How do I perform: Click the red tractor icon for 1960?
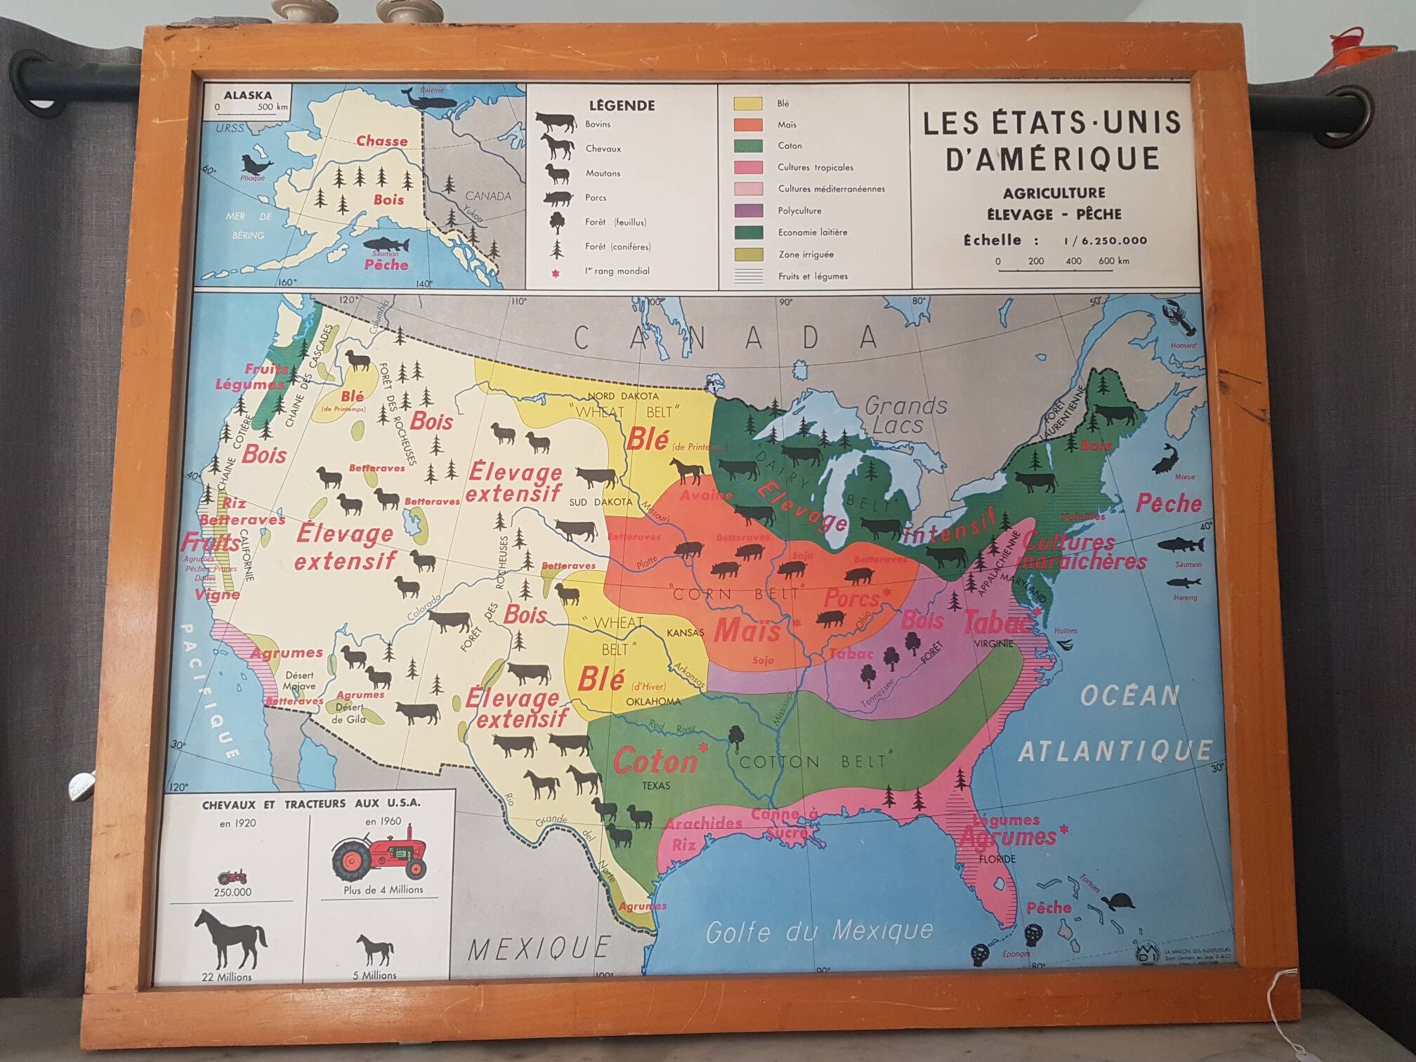click(x=380, y=857)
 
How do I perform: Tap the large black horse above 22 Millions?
click(x=230, y=939)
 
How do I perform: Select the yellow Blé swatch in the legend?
click(x=747, y=103)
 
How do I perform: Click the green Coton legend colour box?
click(x=748, y=146)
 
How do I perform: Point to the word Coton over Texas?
click(x=655, y=761)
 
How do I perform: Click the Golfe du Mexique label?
click(x=819, y=931)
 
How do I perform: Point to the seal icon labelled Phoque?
click(x=256, y=165)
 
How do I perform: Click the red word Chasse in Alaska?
click(x=381, y=141)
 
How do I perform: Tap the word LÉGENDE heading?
click(x=622, y=105)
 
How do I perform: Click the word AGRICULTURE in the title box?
click(x=1054, y=192)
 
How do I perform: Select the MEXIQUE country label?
click(x=539, y=948)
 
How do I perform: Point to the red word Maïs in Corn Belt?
click(x=747, y=630)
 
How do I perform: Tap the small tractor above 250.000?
click(x=232, y=877)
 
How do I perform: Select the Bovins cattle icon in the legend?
click(x=556, y=123)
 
